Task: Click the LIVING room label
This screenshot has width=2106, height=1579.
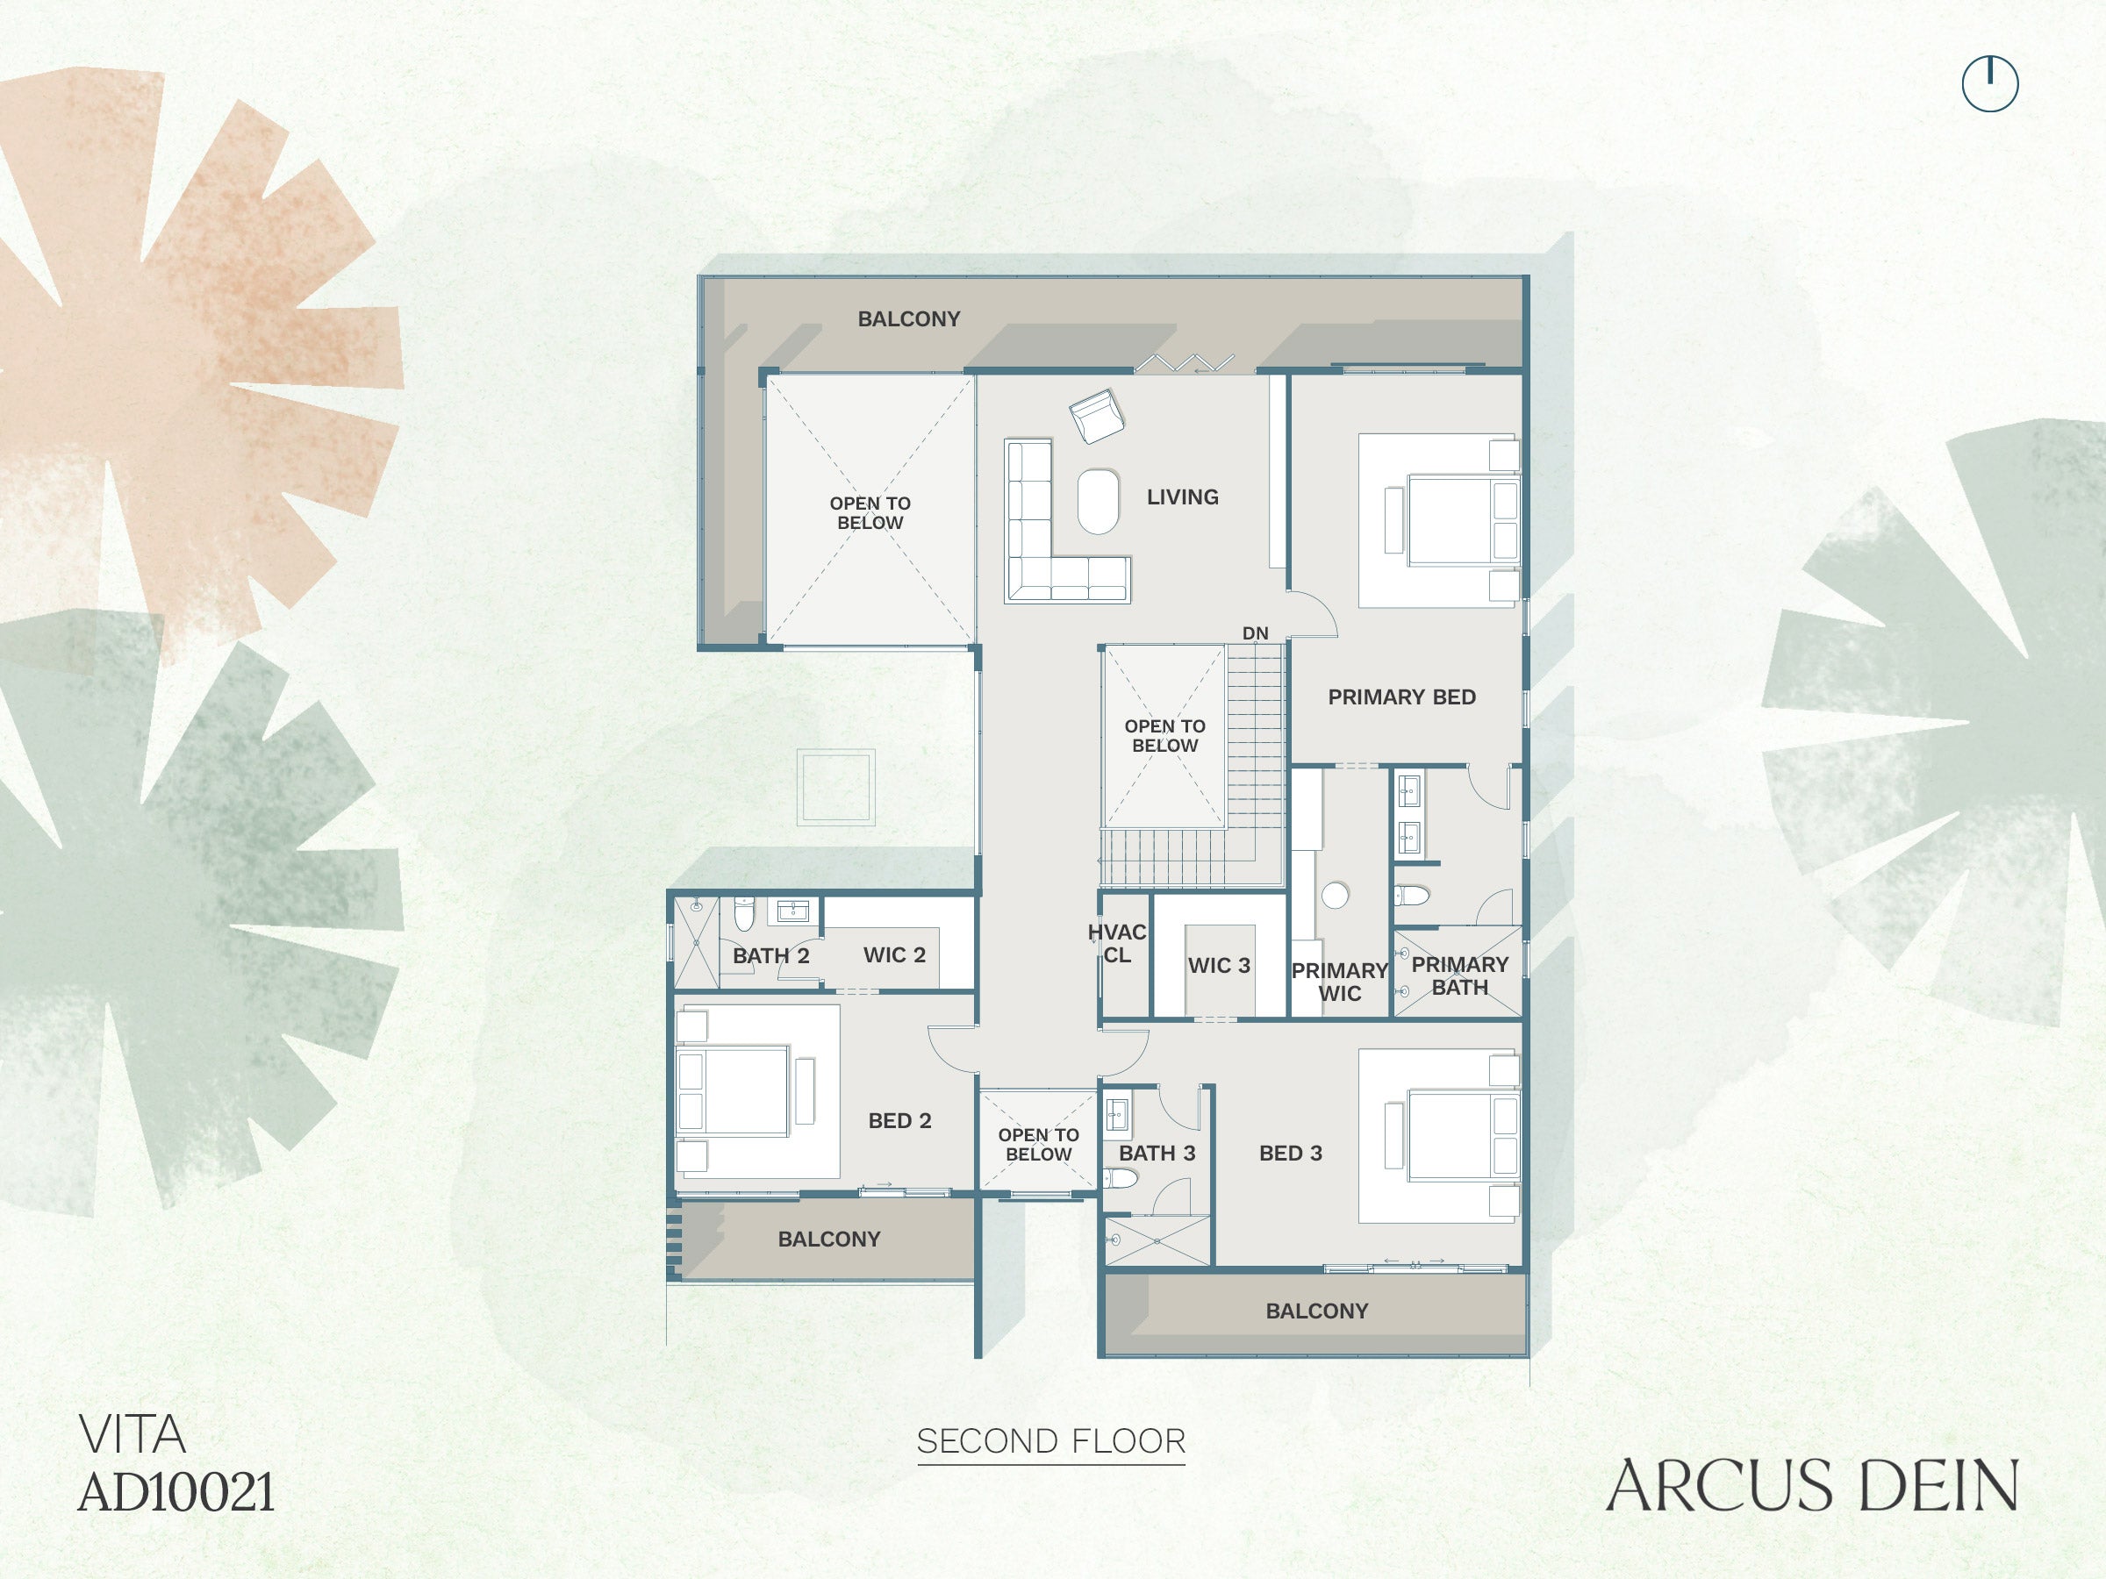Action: tap(1183, 497)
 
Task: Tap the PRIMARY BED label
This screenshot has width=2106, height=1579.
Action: tap(1401, 697)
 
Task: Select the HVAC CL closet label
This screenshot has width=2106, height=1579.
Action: tap(1117, 943)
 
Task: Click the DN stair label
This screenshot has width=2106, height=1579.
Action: tap(1255, 633)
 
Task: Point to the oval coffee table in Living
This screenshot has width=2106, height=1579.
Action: tap(1098, 502)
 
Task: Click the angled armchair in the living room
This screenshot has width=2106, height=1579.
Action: tap(1097, 416)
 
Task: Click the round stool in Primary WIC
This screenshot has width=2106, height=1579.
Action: tap(1335, 895)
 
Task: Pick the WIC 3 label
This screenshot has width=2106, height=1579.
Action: tap(1219, 965)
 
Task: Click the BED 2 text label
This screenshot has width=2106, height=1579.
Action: tap(899, 1120)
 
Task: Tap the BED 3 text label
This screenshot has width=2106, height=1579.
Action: tap(1290, 1153)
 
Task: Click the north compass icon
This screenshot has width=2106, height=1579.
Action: tap(1990, 83)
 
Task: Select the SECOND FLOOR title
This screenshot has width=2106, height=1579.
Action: tap(1051, 1441)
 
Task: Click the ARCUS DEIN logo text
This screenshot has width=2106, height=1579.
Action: tap(1812, 1486)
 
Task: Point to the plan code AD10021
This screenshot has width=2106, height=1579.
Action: tap(176, 1491)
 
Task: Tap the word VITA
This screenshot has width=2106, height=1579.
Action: tap(132, 1434)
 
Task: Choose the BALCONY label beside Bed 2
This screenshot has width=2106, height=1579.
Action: tap(828, 1240)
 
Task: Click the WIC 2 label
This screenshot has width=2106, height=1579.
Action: tap(894, 954)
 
